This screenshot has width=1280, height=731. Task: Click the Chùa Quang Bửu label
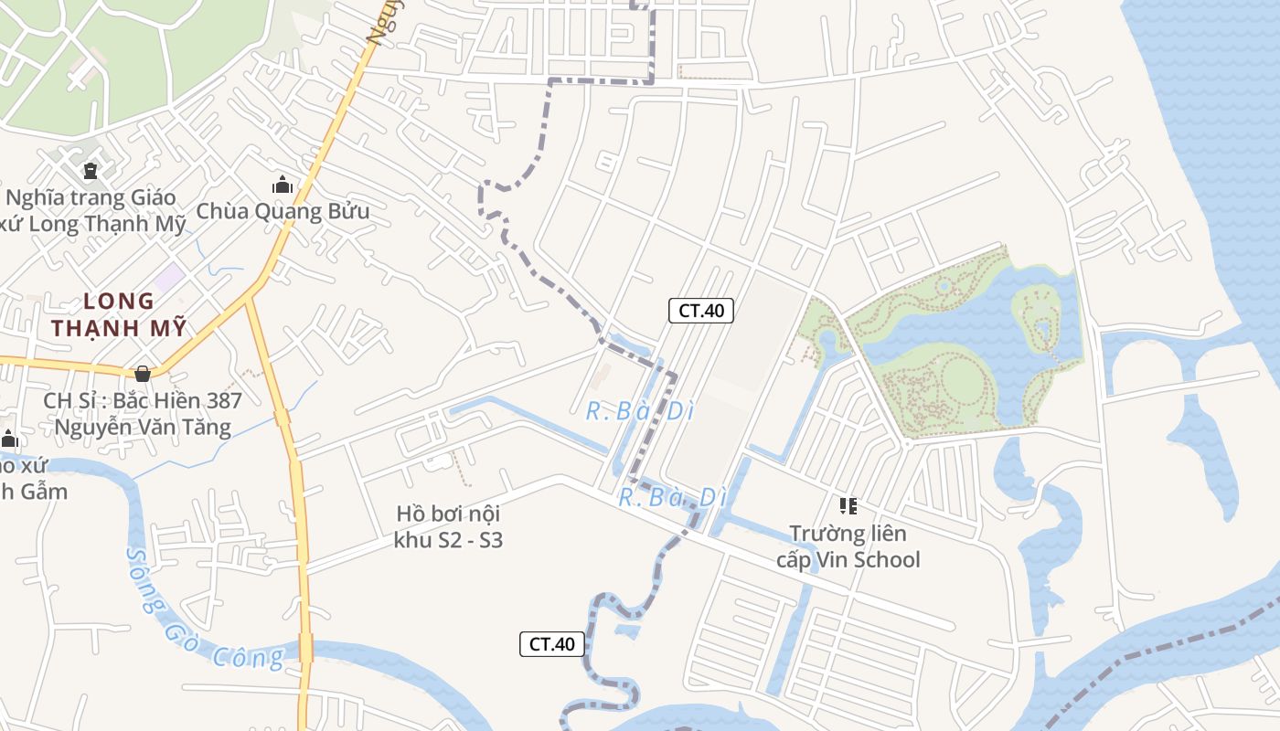tap(283, 212)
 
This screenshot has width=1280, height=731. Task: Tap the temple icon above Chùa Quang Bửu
tap(283, 185)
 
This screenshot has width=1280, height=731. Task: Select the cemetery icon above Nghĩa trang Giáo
tap(90, 170)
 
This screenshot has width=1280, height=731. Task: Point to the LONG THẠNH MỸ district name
tap(119, 313)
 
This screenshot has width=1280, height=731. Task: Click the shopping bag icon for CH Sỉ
tap(142, 373)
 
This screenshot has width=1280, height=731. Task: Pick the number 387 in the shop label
tap(225, 400)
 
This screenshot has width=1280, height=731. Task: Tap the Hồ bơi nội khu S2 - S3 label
tap(448, 526)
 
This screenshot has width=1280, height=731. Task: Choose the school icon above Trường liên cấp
tap(848, 505)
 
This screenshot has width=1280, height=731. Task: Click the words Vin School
tap(872, 559)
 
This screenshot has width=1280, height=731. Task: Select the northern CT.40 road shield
tap(701, 311)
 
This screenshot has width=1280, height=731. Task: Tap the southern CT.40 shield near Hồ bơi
tap(552, 644)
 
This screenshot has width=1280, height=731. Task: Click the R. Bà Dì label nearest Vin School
tap(672, 498)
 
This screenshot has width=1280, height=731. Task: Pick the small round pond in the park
tap(944, 286)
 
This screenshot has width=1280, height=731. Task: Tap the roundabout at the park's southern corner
tap(906, 444)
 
